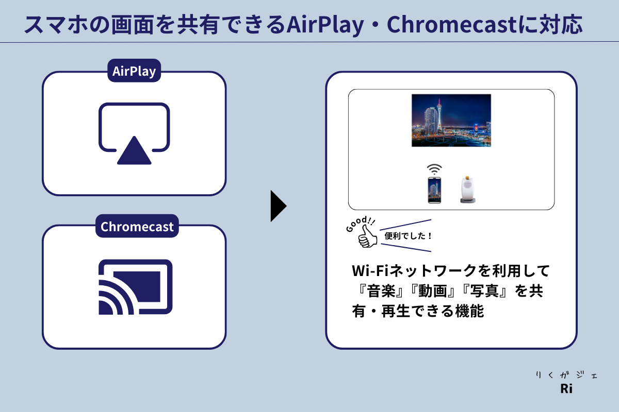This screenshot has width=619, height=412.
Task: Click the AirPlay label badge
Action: point(134,71)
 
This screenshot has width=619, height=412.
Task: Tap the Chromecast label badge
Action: point(137,227)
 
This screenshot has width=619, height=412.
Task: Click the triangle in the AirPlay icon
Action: point(134,151)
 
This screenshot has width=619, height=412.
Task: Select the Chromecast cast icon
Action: point(135,287)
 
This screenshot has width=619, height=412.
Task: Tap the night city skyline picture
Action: point(451,121)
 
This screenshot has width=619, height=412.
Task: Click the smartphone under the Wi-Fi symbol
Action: point(434,190)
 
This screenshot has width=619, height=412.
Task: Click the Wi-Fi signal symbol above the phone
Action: point(434,169)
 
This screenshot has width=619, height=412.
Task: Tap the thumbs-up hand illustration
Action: point(368,236)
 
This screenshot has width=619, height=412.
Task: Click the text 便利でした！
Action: point(408,236)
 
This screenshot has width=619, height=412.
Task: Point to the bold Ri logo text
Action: point(566,389)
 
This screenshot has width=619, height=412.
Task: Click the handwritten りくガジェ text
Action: point(566,375)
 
